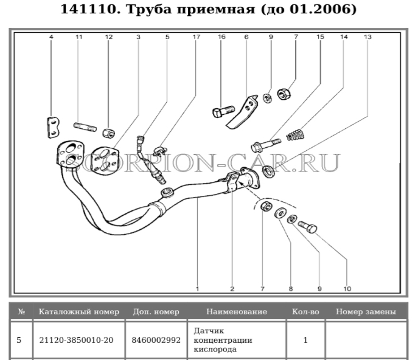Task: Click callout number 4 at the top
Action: [x=51, y=37]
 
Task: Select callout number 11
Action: [x=79, y=37]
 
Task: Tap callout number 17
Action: [x=196, y=37]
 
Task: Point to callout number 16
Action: [x=221, y=37]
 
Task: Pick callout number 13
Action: [x=367, y=37]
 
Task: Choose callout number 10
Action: [x=348, y=282]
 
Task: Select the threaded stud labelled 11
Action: [x=85, y=127]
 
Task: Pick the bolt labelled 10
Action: [x=308, y=227]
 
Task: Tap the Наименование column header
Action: [x=236, y=311]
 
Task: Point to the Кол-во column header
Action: [x=305, y=311]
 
